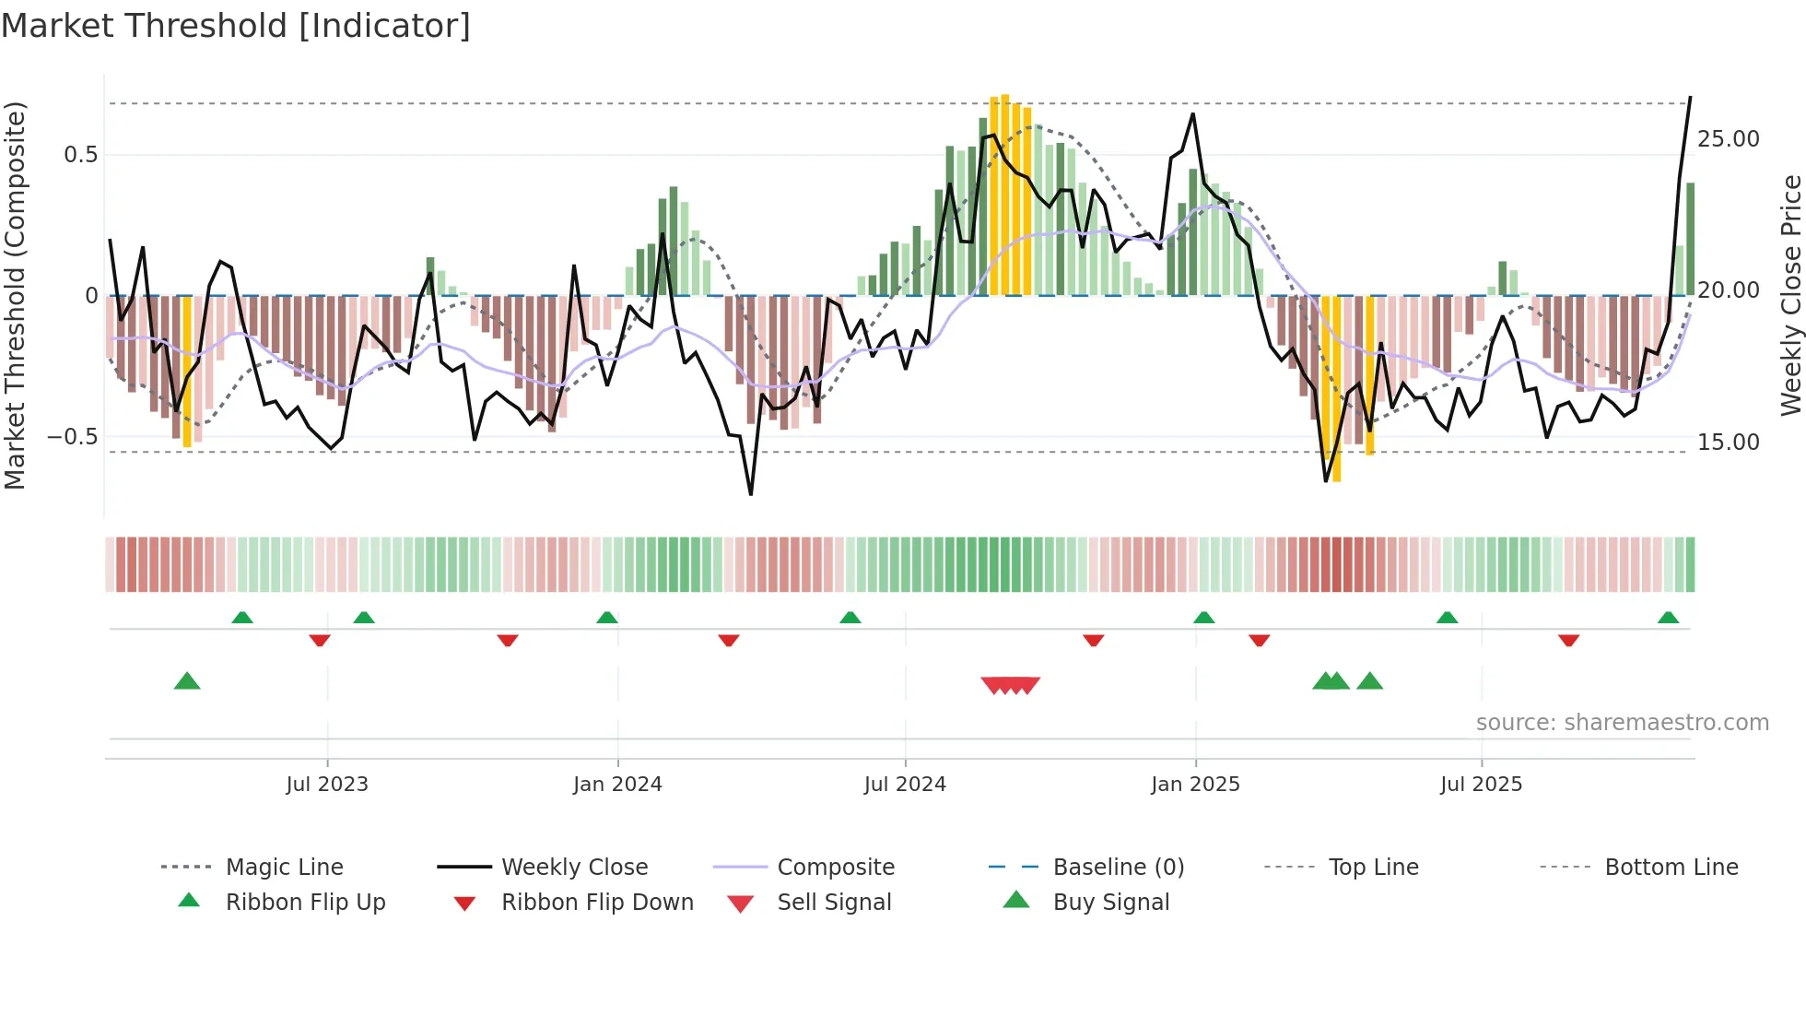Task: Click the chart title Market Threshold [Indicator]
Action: pos(236,26)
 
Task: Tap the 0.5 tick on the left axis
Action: pos(81,154)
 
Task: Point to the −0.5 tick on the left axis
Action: pos(73,436)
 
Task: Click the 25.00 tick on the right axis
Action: pos(1728,139)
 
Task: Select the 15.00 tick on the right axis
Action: pos(1728,442)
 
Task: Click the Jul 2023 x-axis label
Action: pos(327,785)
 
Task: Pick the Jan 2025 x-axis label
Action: pos(1195,785)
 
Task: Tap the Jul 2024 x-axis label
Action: pos(905,785)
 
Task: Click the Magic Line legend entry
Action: pos(284,868)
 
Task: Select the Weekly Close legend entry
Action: pos(574,868)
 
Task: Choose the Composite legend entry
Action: pos(836,868)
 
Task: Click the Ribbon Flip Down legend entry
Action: pos(597,903)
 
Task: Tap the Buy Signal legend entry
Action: pos(1110,903)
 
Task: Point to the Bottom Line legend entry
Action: pos(1671,868)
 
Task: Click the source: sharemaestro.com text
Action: pos(1622,723)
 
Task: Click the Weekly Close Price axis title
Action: pos(1790,295)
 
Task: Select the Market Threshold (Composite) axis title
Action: pos(15,295)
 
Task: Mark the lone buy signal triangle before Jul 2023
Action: pos(187,681)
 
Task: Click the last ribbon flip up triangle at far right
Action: pos(1668,618)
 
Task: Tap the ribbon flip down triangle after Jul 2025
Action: pos(1568,640)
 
